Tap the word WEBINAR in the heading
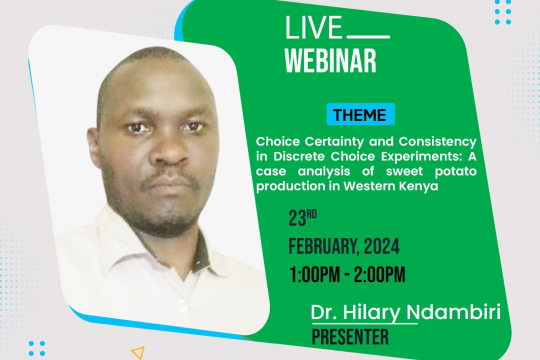[x=330, y=60]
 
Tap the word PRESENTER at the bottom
[x=350, y=338]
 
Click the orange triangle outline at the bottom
[x=138, y=352]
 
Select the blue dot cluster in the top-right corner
[x=502, y=12]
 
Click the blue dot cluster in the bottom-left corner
[x=37, y=348]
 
